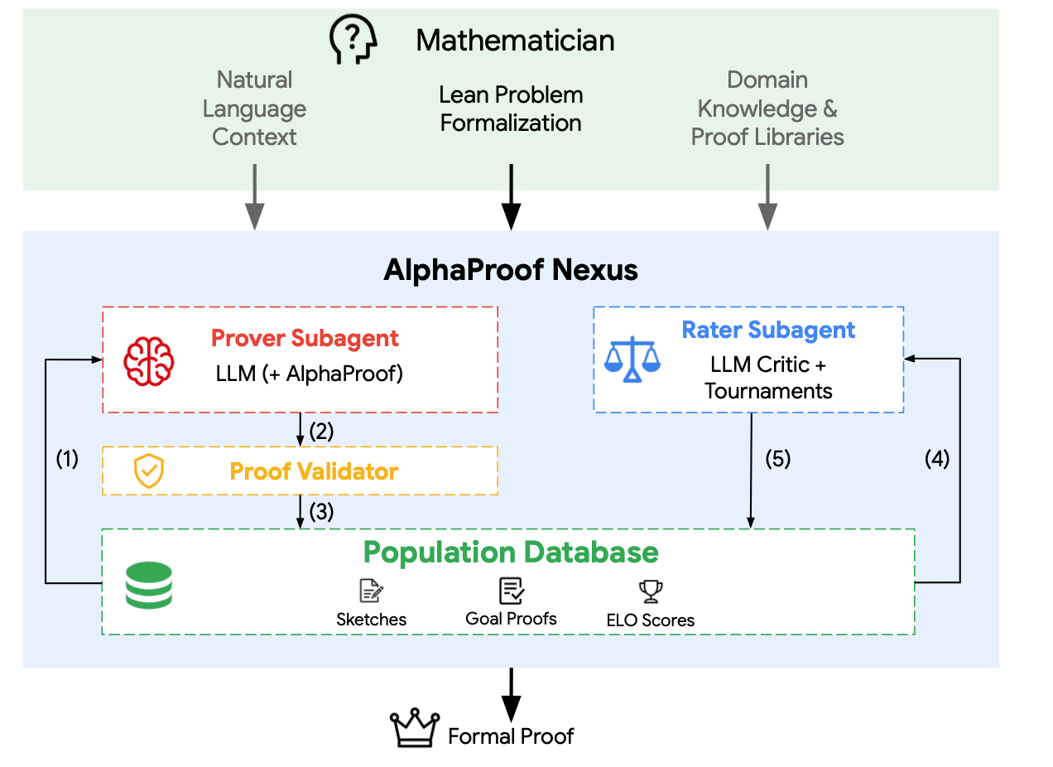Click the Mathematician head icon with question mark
point(353,39)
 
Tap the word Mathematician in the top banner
point(516,41)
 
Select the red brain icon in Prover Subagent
point(149,362)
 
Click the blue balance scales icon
point(632,359)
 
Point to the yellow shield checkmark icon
point(149,471)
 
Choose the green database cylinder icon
point(149,586)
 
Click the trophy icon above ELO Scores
point(651,591)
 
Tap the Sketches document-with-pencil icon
point(372,591)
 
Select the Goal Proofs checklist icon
point(512,591)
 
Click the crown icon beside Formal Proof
point(415,728)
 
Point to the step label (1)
point(67,459)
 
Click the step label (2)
point(321,432)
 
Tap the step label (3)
point(321,512)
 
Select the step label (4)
point(937,459)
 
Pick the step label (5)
point(778,459)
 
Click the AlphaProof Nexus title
point(511,270)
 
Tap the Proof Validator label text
point(314,471)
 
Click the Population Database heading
point(511,552)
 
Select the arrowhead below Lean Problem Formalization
point(511,217)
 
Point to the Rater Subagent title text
point(768,330)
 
